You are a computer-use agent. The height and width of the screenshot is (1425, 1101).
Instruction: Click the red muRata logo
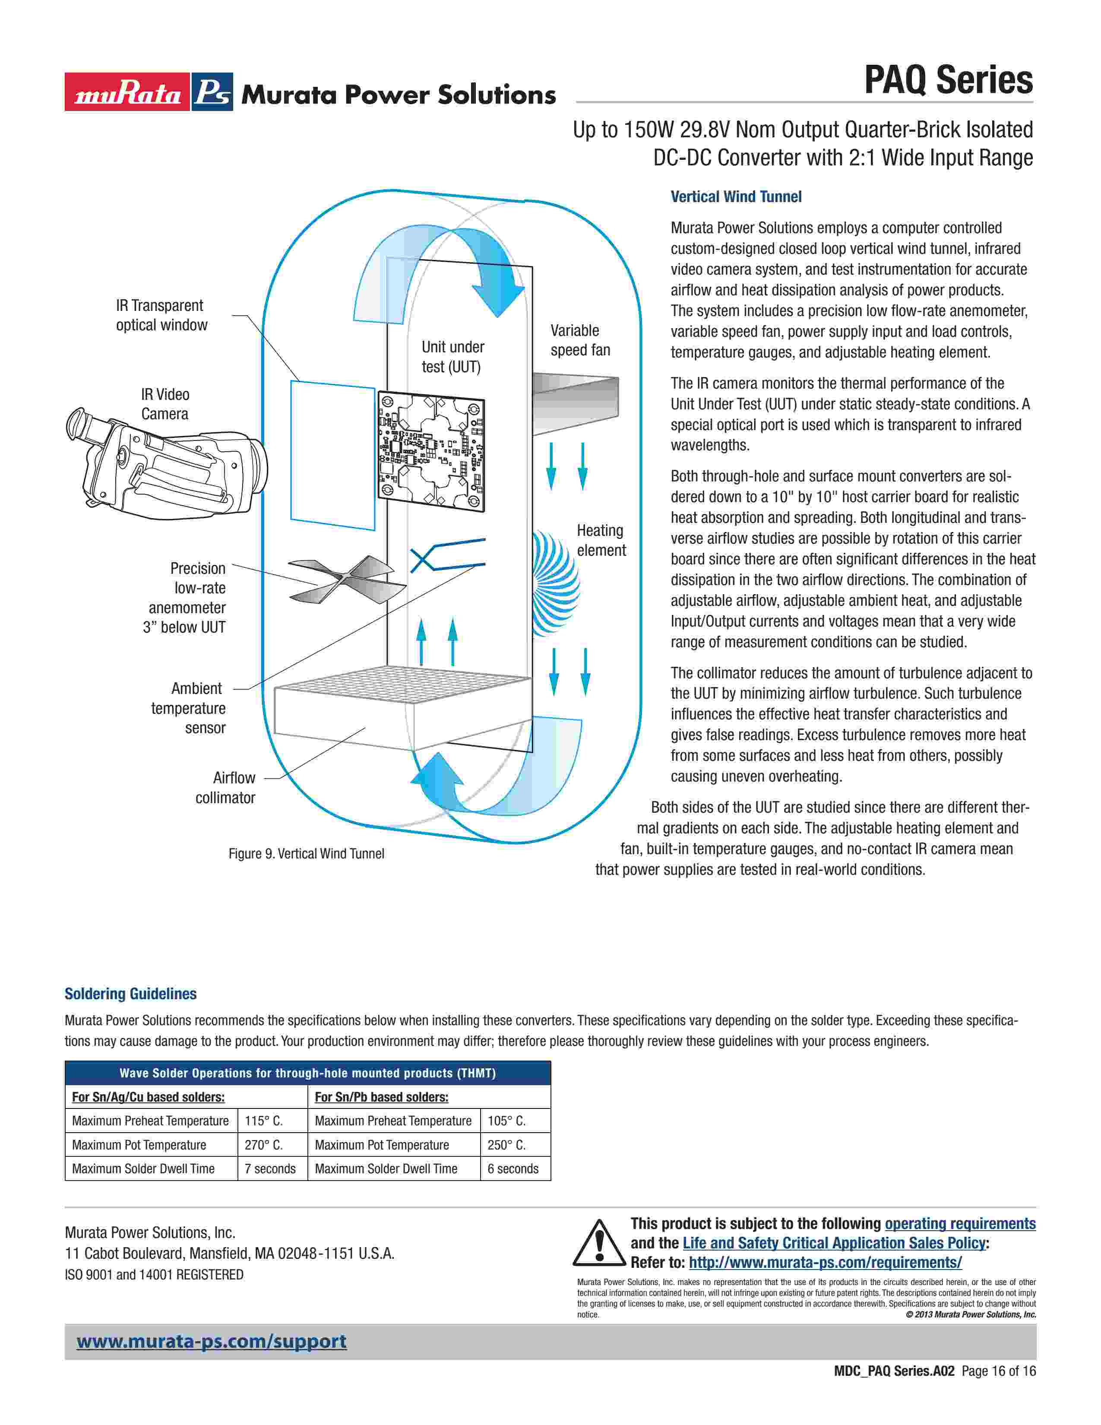tap(127, 92)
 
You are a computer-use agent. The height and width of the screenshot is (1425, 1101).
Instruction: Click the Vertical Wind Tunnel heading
tap(736, 197)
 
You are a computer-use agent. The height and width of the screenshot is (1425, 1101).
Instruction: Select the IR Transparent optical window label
tap(161, 315)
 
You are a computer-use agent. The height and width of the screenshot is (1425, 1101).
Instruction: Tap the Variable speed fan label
tap(580, 340)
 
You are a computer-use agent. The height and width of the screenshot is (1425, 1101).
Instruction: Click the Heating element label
tap(601, 540)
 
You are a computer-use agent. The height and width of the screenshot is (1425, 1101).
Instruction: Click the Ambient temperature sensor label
tap(189, 708)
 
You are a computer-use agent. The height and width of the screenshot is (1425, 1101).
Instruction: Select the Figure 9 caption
tap(306, 853)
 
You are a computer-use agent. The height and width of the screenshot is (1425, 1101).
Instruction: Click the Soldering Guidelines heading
tap(130, 994)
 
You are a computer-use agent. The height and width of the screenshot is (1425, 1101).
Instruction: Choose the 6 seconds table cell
tap(513, 1168)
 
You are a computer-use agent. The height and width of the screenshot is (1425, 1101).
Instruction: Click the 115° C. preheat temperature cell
tap(263, 1121)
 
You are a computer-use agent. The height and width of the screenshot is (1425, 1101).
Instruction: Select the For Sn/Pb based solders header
tap(382, 1097)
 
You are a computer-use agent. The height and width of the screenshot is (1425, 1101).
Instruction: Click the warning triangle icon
tap(598, 1243)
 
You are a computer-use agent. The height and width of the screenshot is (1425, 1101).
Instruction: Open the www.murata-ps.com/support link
tap(211, 1342)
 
